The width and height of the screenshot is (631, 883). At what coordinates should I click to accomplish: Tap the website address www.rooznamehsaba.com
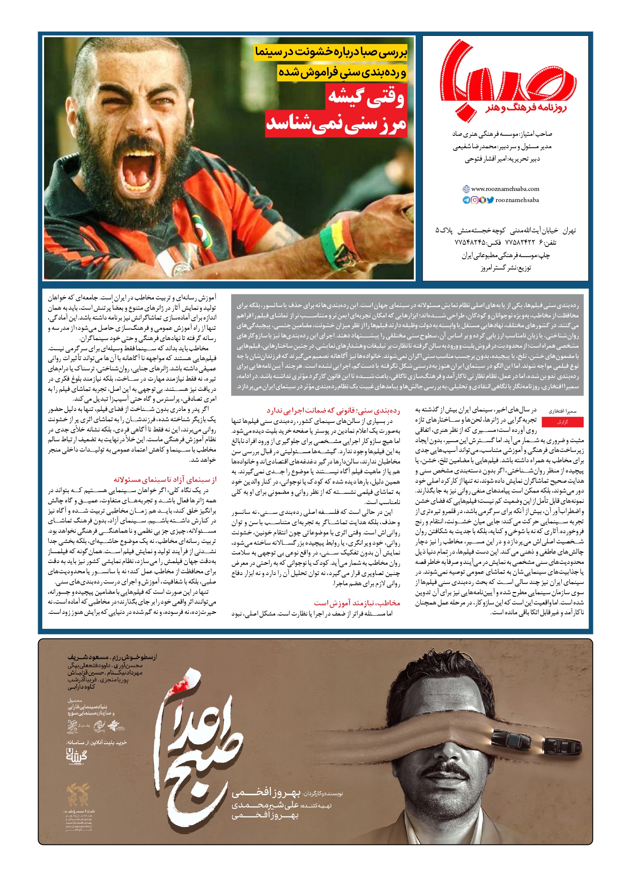505,189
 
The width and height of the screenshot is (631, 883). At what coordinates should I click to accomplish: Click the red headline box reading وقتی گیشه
366,97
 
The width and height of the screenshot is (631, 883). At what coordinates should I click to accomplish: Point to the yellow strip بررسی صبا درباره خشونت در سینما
331,52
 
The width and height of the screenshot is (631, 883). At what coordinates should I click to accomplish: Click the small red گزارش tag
562,422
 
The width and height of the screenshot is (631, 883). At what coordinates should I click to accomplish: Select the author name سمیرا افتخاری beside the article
563,411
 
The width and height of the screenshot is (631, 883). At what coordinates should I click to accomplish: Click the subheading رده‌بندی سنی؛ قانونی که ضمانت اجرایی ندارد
333,411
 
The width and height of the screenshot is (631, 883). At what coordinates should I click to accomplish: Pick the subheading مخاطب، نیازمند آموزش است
357,603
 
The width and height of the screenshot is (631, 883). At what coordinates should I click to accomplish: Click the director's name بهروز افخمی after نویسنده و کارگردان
266,793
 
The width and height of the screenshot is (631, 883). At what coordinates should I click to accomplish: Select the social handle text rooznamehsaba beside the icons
517,200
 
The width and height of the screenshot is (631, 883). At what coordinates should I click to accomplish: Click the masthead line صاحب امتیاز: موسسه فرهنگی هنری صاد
502,134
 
